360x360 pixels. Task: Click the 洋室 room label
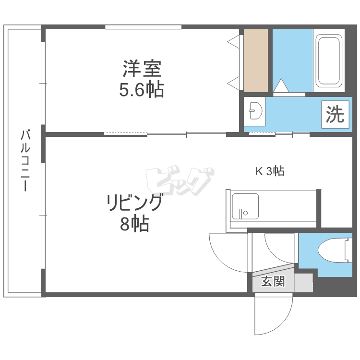click(142, 69)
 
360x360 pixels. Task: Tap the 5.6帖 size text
click(142, 90)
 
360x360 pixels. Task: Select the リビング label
click(135, 202)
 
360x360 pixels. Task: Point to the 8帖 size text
click(135, 223)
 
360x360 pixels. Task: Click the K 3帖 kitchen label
click(270, 171)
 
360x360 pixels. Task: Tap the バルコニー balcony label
click(25, 160)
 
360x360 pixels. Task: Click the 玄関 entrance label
click(273, 281)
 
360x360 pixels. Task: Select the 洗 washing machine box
click(335, 114)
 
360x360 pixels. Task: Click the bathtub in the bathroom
click(329, 60)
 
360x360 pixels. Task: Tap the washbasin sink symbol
click(255, 111)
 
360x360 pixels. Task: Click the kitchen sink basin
click(245, 206)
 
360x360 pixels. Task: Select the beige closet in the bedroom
click(256, 60)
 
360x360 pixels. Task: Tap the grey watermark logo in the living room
click(180, 180)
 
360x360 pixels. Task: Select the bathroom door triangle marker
click(281, 85)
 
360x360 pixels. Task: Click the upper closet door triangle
click(233, 42)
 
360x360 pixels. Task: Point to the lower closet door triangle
click(233, 84)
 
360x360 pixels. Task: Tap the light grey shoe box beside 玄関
click(303, 283)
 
